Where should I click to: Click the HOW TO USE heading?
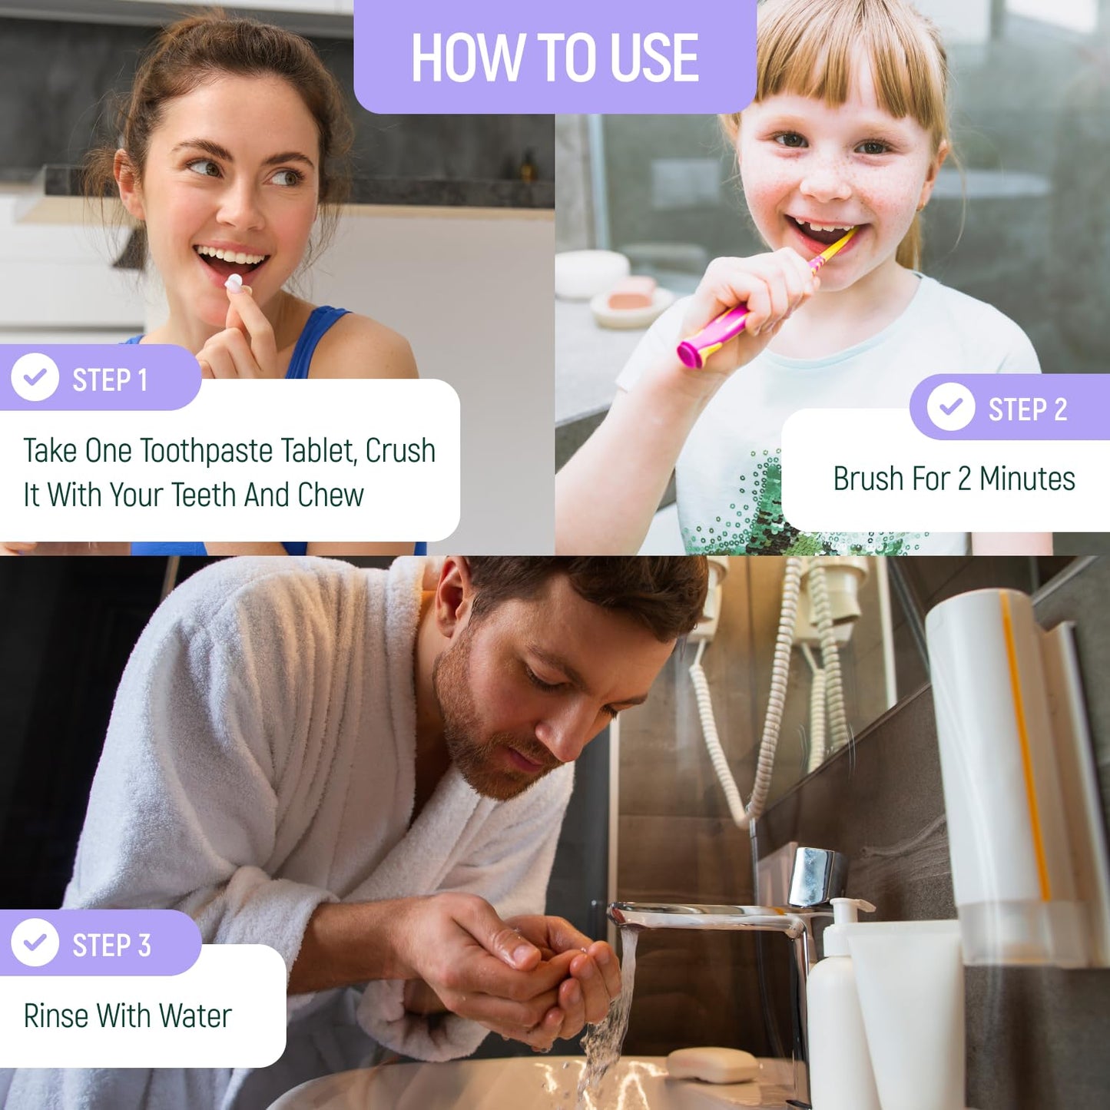coord(555,58)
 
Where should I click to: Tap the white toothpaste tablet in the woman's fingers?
coord(234,282)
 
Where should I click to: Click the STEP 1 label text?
coord(110,380)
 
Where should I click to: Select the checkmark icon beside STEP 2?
coord(950,406)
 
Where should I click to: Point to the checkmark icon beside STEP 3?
coord(35,943)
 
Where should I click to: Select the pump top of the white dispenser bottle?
coord(846,910)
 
